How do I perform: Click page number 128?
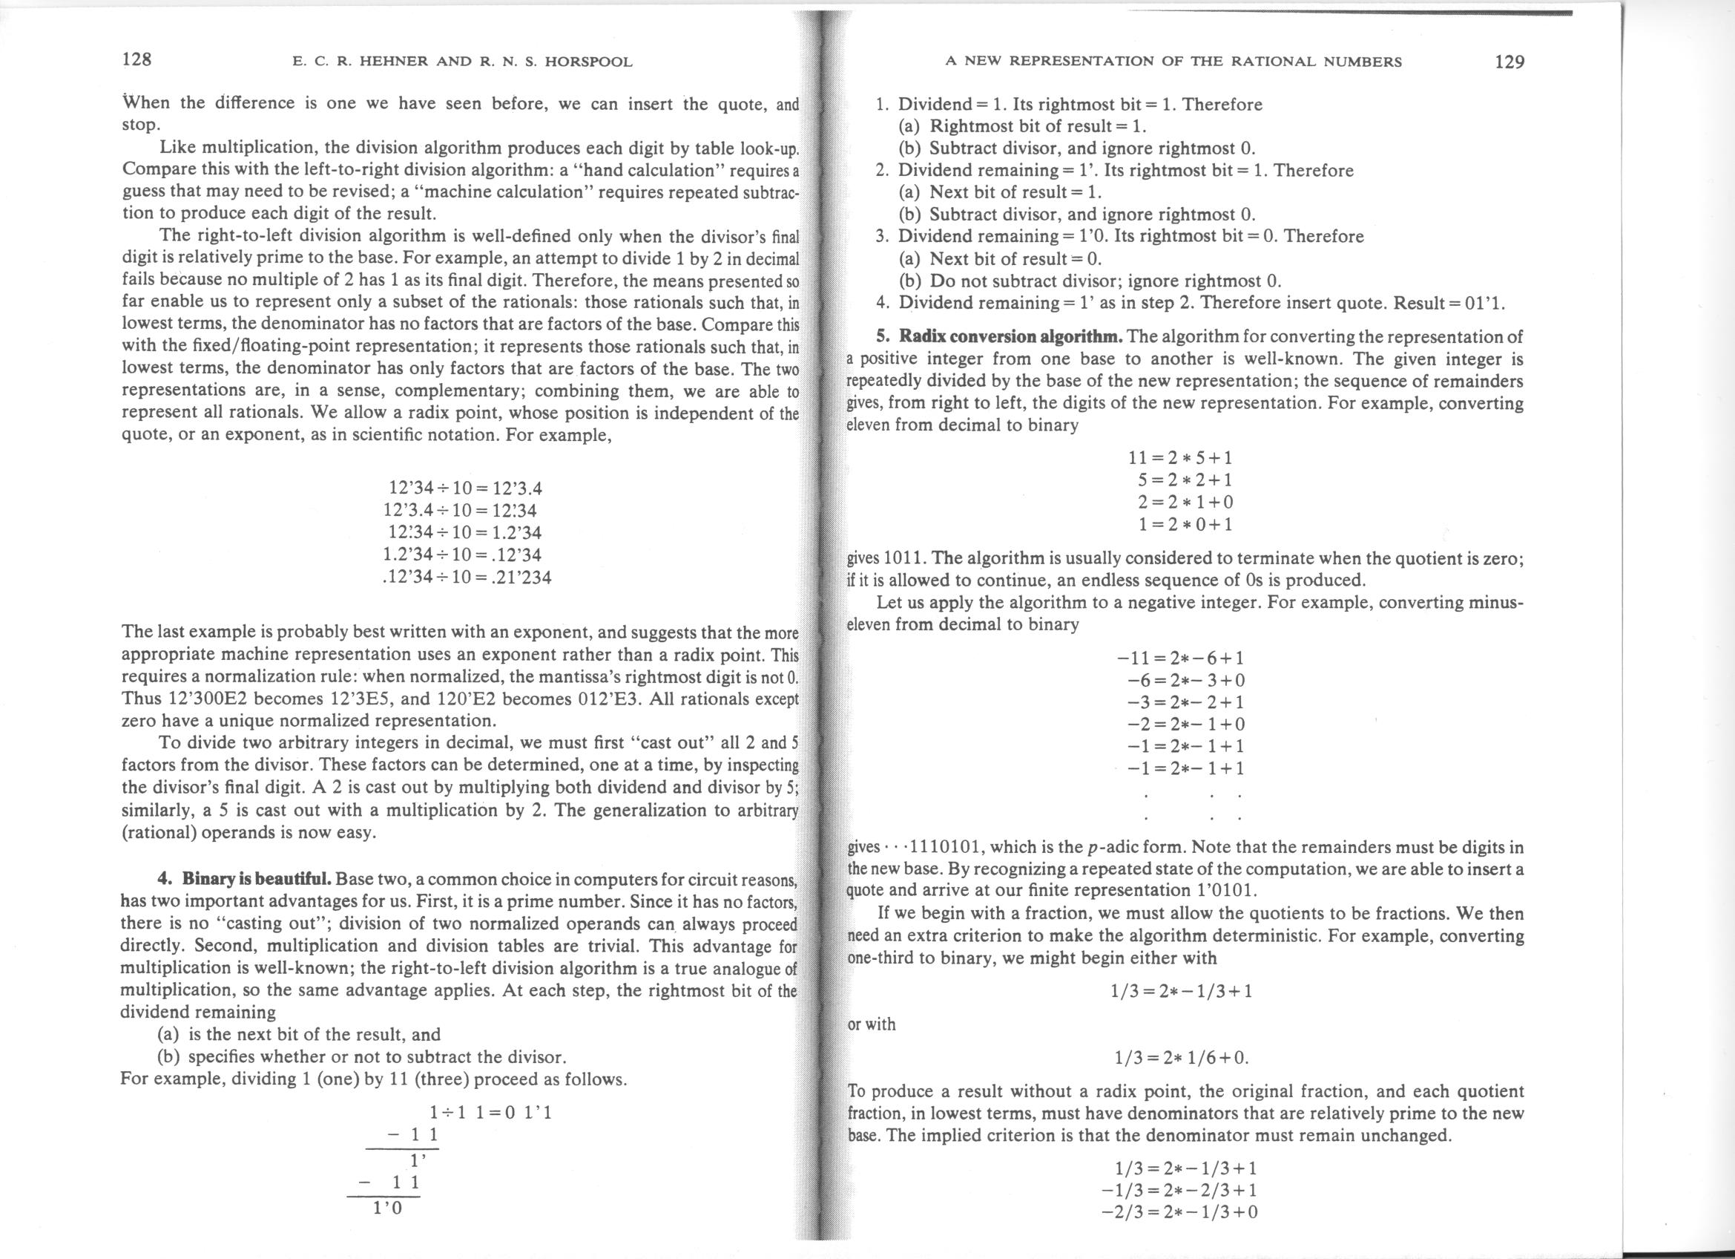coord(138,59)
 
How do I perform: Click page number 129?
coord(1510,61)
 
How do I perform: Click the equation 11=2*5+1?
coord(1180,459)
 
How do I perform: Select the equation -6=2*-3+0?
coord(1186,680)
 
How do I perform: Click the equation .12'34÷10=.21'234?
coord(466,576)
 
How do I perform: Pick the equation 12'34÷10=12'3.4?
coord(465,488)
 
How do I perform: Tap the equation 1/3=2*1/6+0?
coord(1180,1058)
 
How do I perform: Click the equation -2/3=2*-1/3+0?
coord(1179,1211)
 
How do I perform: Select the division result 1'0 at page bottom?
coord(387,1209)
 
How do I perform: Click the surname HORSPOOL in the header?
coord(588,62)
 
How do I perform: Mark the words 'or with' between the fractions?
coord(872,1024)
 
